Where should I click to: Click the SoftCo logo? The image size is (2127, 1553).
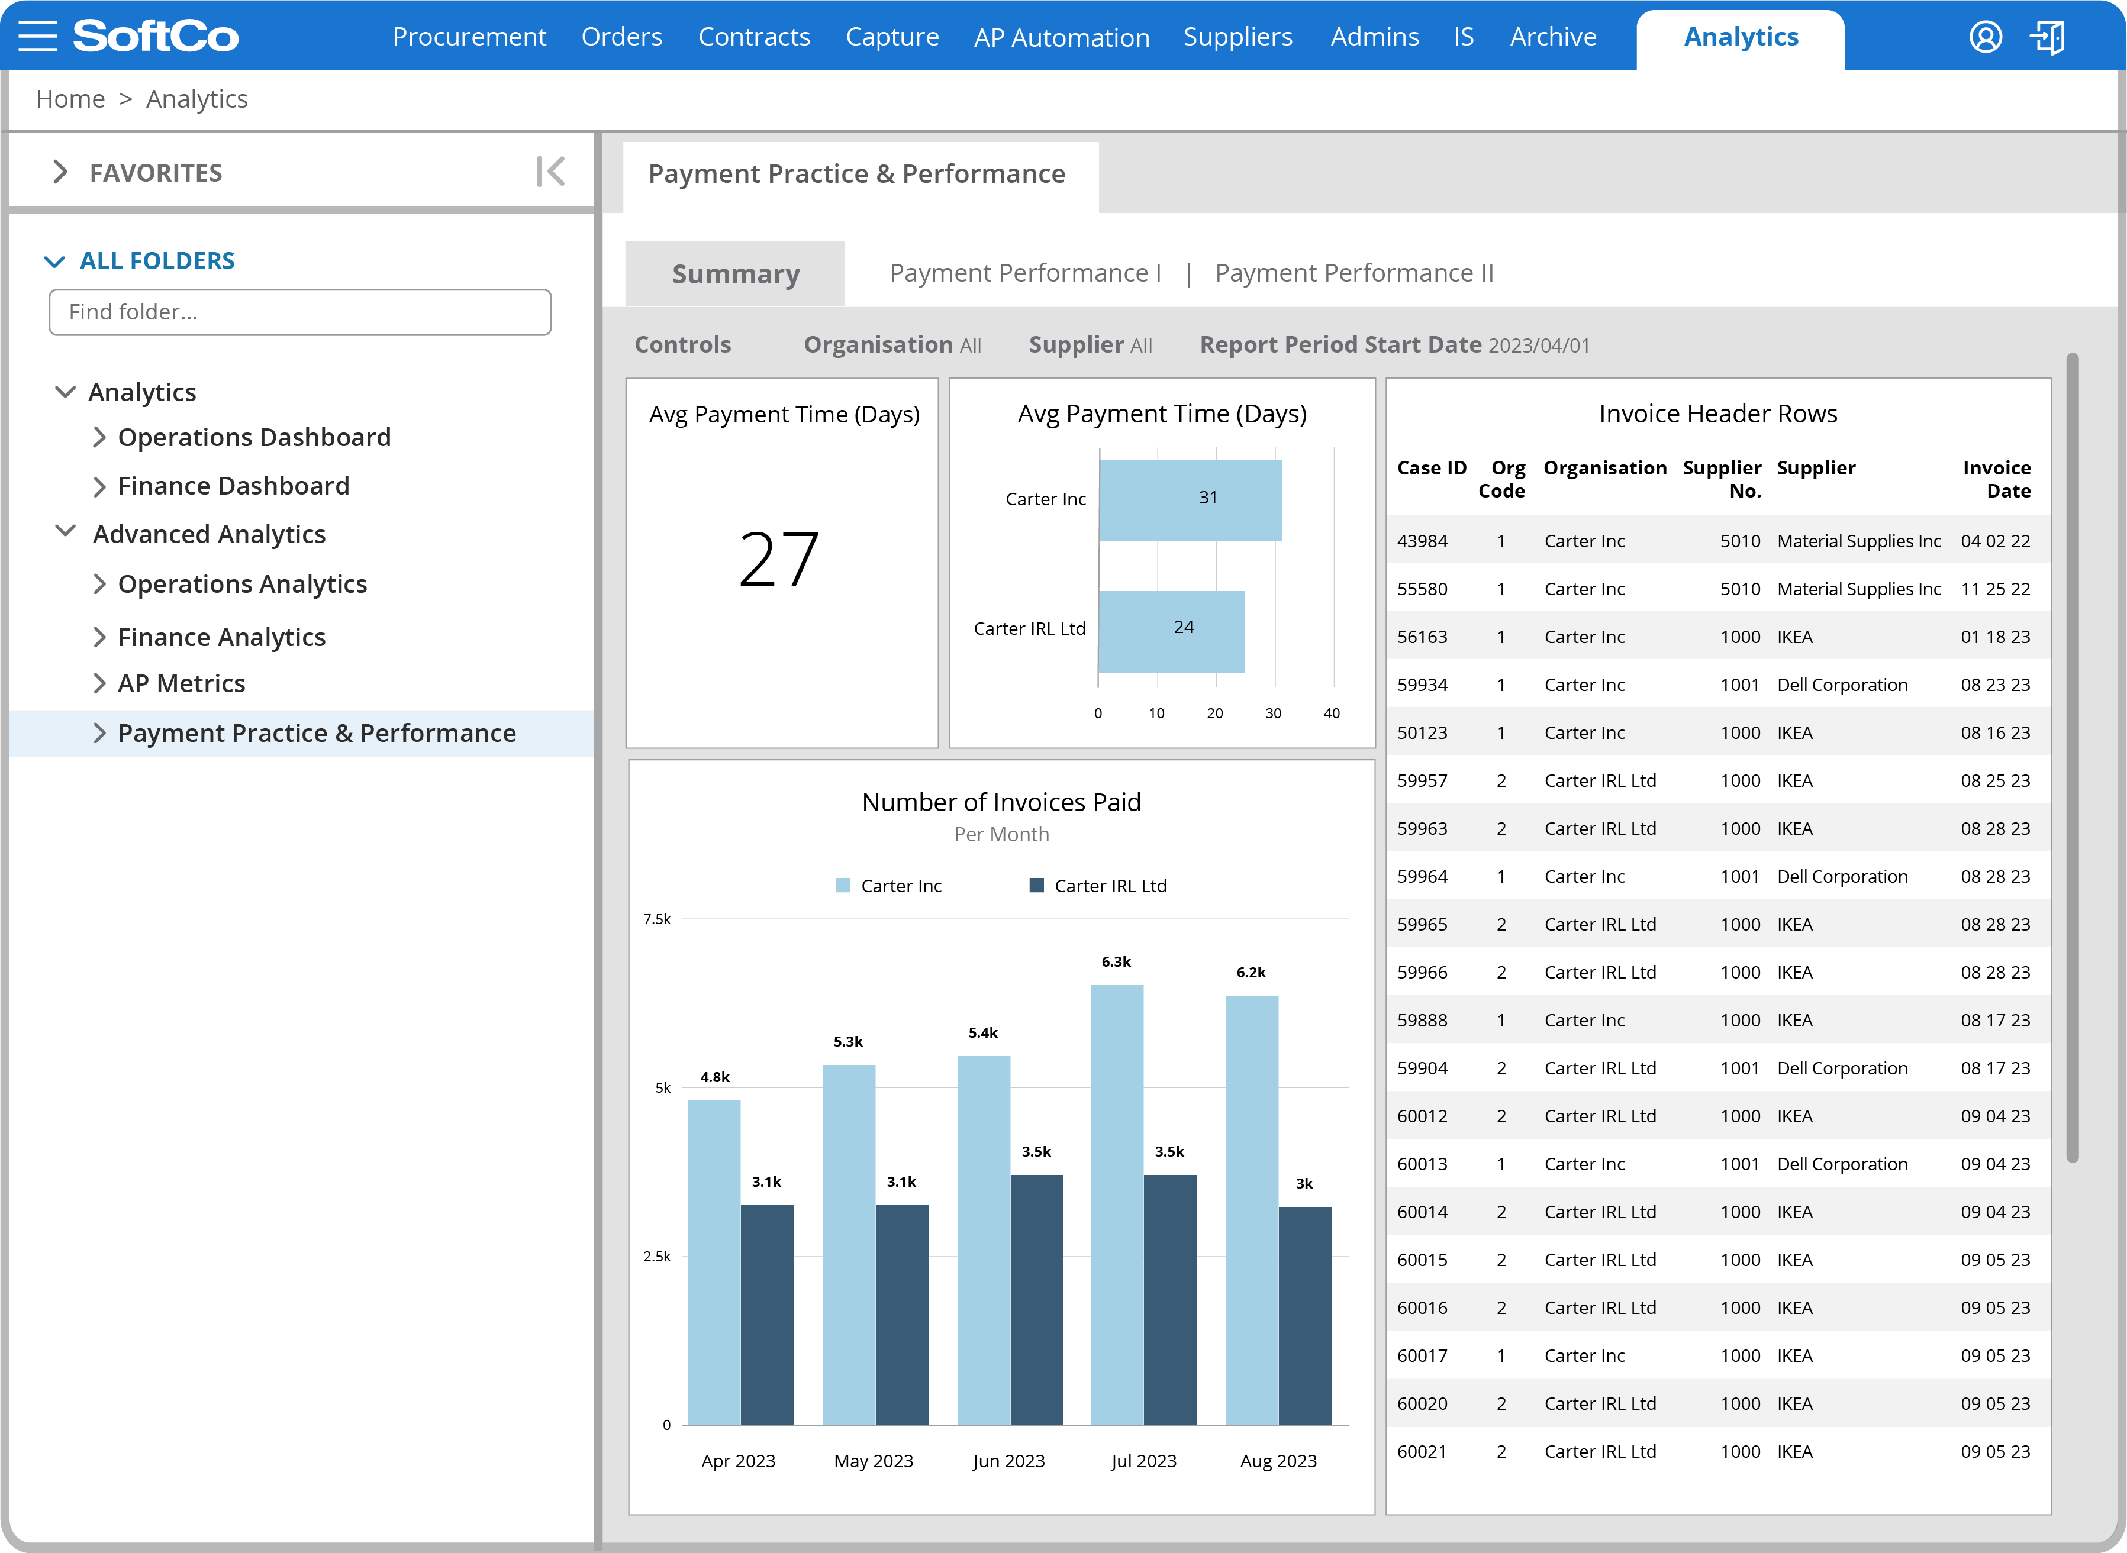pyautogui.click(x=156, y=37)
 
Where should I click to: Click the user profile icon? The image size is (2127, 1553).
pyautogui.click(x=1985, y=37)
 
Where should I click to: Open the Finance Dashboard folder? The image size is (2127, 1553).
pyautogui.click(x=233, y=486)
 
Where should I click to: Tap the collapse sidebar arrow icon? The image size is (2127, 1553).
pyautogui.click(x=550, y=172)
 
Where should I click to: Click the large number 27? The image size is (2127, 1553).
pyautogui.click(x=779, y=560)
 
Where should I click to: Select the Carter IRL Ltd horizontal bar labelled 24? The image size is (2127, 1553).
pyautogui.click(x=1171, y=631)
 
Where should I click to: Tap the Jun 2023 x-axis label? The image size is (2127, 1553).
pyautogui.click(x=1008, y=1461)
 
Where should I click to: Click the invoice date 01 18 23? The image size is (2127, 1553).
pyautogui.click(x=1994, y=637)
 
